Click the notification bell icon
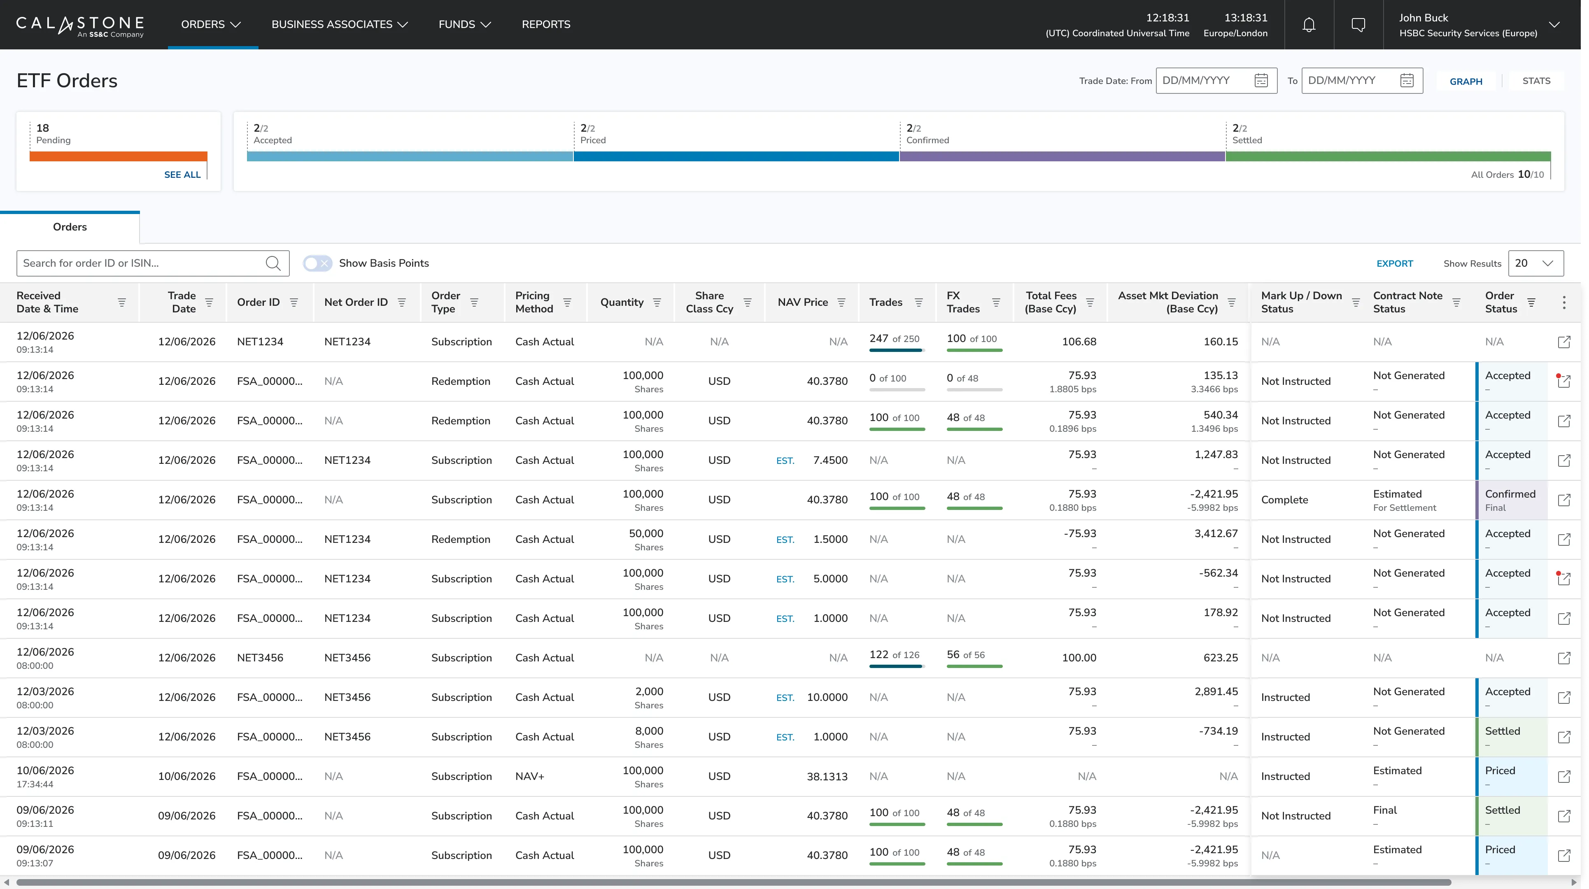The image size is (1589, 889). pos(1308,25)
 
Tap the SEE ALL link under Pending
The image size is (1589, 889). pos(182,175)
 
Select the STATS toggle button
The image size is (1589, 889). pos(1536,81)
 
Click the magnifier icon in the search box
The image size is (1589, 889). pos(273,263)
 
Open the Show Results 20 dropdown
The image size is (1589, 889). pos(1535,263)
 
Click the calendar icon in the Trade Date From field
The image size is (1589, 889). pos(1261,81)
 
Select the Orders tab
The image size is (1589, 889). pos(70,227)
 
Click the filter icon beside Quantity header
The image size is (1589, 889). pos(657,302)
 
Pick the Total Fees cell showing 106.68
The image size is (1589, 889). pos(1079,342)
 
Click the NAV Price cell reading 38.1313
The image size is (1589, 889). pos(827,776)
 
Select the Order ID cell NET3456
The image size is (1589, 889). pos(260,658)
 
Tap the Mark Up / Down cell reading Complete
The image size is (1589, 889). pos(1284,500)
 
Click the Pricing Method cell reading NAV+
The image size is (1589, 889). pos(530,776)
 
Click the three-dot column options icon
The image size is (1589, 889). pos(1564,302)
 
